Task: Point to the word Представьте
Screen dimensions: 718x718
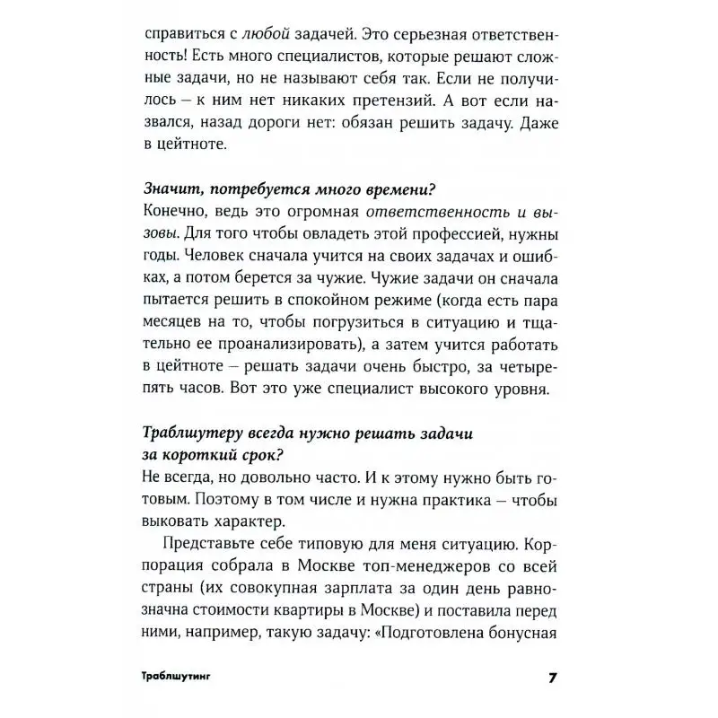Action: [209, 547]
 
